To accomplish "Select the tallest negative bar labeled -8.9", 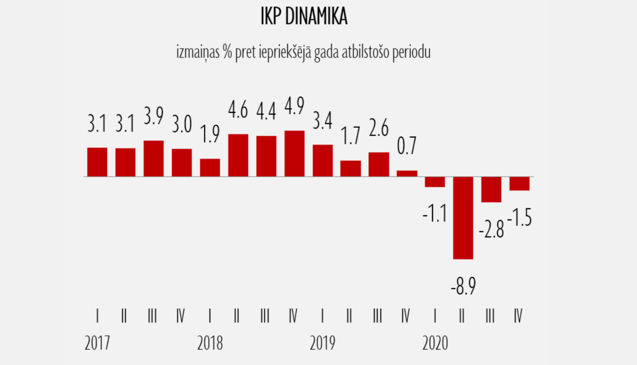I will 463,217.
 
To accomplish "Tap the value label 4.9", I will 294,106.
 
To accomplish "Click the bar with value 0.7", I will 407,173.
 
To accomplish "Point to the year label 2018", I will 210,343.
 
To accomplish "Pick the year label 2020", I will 435,343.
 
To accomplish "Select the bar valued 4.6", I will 238,155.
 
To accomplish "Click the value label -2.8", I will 491,230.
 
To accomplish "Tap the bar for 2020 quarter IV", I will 519,183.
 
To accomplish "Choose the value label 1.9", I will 210,134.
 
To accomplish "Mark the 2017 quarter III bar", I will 154,158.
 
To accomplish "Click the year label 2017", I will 97,343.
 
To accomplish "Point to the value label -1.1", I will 435,213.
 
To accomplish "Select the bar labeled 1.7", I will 351,168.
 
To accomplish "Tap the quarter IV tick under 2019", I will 406,316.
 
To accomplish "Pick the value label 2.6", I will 379,128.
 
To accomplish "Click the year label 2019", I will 322,343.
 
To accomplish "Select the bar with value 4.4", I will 266,156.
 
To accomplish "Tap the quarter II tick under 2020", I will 462,316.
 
